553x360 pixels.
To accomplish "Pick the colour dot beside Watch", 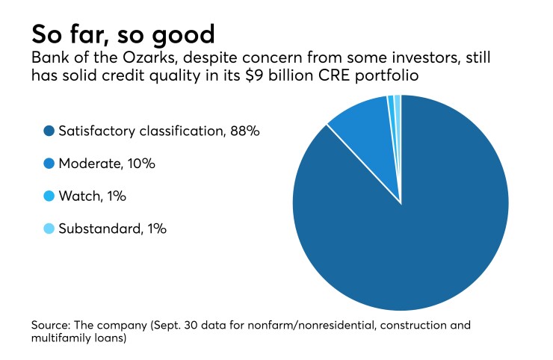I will tap(50, 197).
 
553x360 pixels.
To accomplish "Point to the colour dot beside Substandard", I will tap(50, 229).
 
